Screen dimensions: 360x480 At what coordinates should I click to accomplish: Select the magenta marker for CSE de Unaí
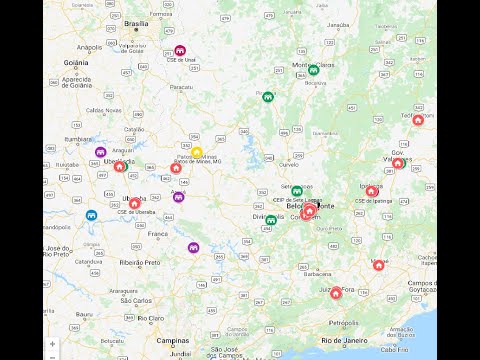coord(180,50)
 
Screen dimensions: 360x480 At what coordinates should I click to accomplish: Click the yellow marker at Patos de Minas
coord(197,152)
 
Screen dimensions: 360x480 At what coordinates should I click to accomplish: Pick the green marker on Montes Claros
coord(313,69)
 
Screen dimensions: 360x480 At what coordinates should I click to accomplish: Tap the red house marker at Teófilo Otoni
coord(418,120)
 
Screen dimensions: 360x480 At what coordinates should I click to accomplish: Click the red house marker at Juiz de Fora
coord(336,282)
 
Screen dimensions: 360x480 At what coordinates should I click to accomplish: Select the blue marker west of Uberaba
coord(91,215)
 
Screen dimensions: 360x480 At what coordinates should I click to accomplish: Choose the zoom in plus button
coord(52,343)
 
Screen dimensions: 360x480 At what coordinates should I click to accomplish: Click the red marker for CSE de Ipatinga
coord(372,191)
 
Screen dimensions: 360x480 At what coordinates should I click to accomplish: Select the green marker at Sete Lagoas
coord(297,191)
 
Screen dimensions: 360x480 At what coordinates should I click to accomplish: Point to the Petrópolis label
coord(342,323)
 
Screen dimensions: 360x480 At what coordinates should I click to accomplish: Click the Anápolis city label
coord(89,46)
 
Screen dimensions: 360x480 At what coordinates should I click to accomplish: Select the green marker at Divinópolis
coord(271,220)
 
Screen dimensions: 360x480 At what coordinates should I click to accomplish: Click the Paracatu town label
coord(181,87)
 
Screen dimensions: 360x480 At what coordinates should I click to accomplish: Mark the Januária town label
coord(338,24)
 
